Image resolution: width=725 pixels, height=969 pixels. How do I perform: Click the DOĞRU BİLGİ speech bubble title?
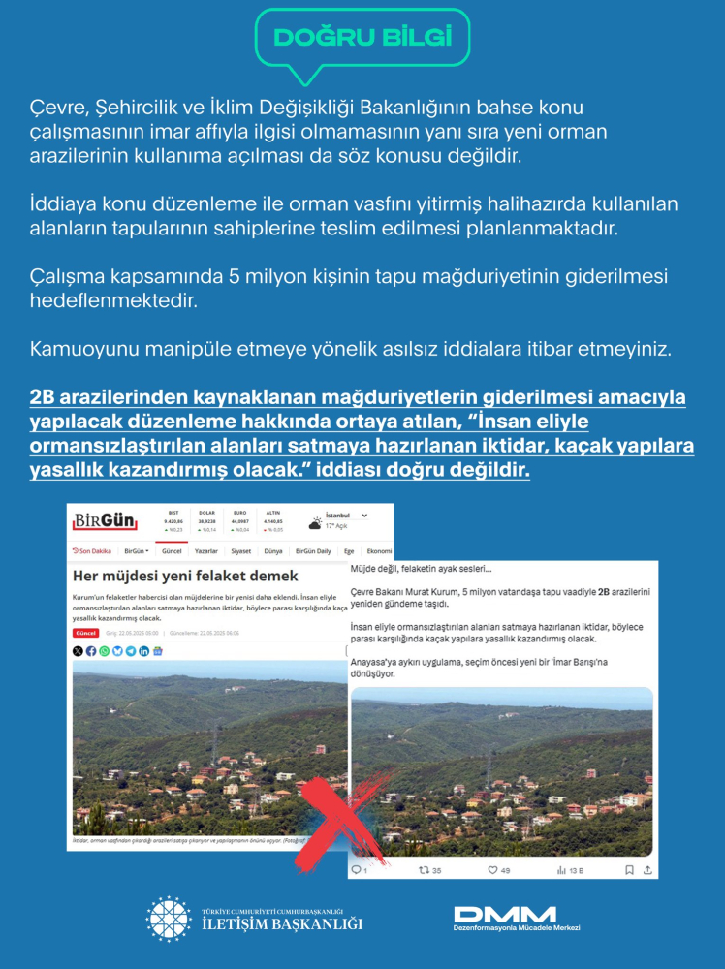[x=362, y=38]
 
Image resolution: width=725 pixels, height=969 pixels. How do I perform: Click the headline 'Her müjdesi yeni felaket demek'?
[x=173, y=577]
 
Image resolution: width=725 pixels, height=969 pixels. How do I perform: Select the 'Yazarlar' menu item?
[x=205, y=551]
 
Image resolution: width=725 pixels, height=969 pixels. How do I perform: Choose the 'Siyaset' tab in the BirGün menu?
[x=241, y=551]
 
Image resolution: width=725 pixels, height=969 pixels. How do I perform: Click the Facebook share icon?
[x=91, y=651]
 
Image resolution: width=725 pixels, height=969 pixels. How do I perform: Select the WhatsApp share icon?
[x=105, y=651]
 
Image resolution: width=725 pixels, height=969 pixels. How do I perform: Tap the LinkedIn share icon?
[x=143, y=651]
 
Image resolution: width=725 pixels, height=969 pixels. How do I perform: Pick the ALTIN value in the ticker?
[x=274, y=519]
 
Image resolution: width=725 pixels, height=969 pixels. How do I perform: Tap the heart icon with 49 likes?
[x=491, y=870]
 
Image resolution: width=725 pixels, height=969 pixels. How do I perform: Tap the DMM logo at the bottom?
[x=504, y=914]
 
